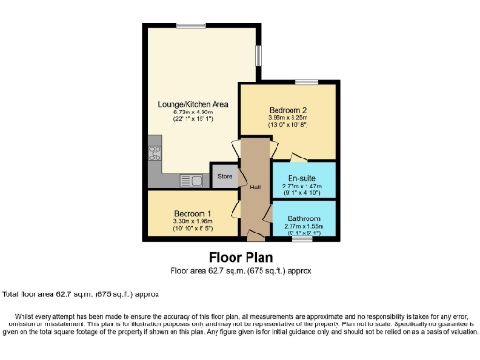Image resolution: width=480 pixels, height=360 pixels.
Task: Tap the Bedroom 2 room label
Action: tap(288, 109)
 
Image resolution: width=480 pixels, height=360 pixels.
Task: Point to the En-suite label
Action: tap(301, 177)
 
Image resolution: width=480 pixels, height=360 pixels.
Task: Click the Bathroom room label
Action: tap(302, 218)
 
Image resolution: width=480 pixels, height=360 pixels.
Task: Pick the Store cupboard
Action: tap(225, 176)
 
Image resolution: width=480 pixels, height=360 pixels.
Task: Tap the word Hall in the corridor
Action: tap(254, 187)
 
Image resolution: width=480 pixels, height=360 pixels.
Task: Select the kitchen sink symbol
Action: tap(193, 177)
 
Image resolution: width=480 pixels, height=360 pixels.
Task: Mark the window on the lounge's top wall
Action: tap(191, 24)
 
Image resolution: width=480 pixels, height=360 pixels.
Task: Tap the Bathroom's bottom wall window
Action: tap(302, 240)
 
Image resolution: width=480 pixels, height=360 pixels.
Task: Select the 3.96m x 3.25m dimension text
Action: tap(288, 117)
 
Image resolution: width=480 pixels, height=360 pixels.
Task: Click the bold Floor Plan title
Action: tap(239, 257)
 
